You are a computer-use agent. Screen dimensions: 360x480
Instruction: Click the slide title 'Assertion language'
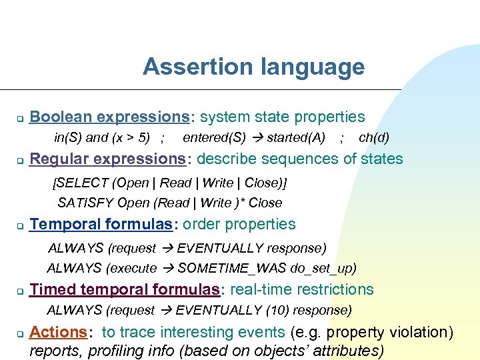pyautogui.click(x=253, y=67)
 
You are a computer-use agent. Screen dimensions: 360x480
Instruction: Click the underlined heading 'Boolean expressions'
pyautogui.click(x=110, y=117)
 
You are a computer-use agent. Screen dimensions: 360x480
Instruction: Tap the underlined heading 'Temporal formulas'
pyautogui.click(x=101, y=225)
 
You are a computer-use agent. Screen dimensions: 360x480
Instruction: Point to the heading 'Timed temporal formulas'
pyautogui.click(x=125, y=290)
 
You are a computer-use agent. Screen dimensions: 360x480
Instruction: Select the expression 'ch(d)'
pyautogui.click(x=374, y=138)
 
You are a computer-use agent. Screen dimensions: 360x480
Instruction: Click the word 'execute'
pyautogui.click(x=131, y=269)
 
